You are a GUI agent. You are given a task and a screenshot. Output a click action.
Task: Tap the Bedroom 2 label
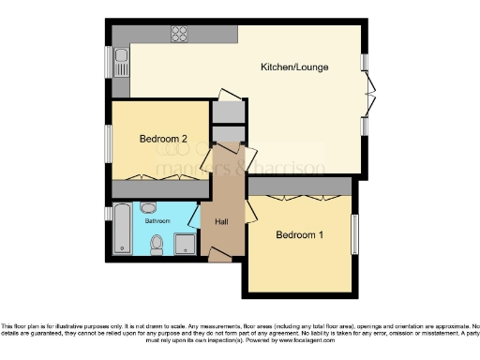pos(163,140)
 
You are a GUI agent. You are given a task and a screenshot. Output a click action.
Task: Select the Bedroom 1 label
pos(299,234)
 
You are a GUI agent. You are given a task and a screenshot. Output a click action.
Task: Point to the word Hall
pos(222,221)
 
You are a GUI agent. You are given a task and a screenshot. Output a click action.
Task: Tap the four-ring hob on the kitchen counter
pos(178,35)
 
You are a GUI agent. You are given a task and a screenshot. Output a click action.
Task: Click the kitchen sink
pos(122,64)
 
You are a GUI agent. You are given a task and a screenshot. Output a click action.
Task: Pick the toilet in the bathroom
pos(157,245)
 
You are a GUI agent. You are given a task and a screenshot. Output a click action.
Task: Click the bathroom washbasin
pos(147,208)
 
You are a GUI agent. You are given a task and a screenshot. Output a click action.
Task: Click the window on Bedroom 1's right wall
pos(354,231)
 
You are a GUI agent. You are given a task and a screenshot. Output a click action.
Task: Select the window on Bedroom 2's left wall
pos(109,142)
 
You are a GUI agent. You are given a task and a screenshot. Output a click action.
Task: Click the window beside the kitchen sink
pos(109,64)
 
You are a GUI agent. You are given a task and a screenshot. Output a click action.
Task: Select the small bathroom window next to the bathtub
pos(109,214)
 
